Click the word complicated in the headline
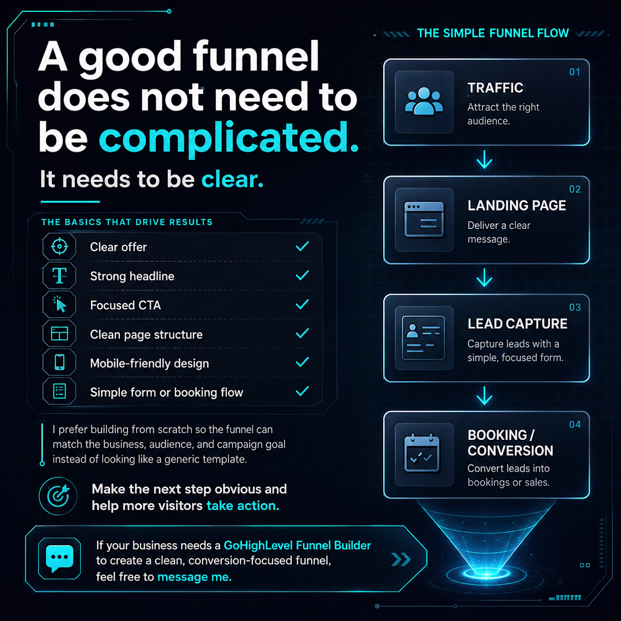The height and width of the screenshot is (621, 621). pyautogui.click(x=228, y=139)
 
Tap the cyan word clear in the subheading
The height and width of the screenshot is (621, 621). pyautogui.click(x=232, y=179)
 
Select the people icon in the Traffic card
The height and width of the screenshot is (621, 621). pyautogui.click(x=424, y=101)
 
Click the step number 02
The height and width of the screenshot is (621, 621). pyautogui.click(x=575, y=189)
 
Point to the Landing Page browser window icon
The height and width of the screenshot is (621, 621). pyautogui.click(x=424, y=220)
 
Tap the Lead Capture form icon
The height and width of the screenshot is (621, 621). pyautogui.click(x=423, y=338)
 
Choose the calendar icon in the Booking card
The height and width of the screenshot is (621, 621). pyautogui.click(x=422, y=453)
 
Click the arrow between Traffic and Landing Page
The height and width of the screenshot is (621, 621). pyautogui.click(x=484, y=160)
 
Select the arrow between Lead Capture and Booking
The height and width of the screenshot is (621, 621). pyautogui.click(x=484, y=396)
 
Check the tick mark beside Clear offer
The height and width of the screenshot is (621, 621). pyautogui.click(x=302, y=246)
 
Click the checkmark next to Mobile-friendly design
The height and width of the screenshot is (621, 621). pyautogui.click(x=302, y=362)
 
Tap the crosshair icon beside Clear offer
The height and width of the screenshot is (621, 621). pyautogui.click(x=60, y=246)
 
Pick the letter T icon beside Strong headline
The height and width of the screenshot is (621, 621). pyautogui.click(x=60, y=276)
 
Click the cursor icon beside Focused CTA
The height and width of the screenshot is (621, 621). pyautogui.click(x=60, y=304)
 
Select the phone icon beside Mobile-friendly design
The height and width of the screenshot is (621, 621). pyautogui.click(x=60, y=362)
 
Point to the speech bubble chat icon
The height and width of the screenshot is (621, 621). pyautogui.click(x=60, y=558)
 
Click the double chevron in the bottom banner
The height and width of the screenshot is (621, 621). pyautogui.click(x=401, y=559)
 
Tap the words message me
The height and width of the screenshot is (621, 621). pyautogui.click(x=194, y=577)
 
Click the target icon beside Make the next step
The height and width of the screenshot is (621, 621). pyautogui.click(x=58, y=496)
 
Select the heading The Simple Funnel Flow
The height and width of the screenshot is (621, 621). pyautogui.click(x=493, y=33)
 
